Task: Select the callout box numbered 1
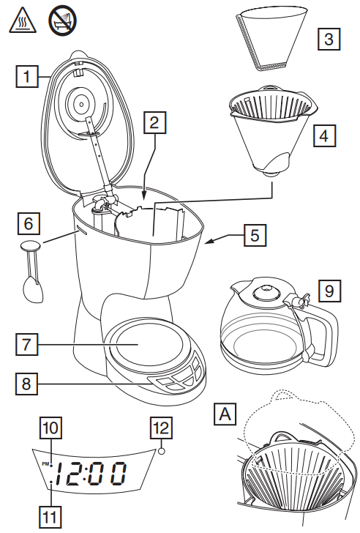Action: (26, 75)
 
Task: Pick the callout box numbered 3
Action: (331, 37)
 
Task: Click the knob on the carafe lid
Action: (260, 291)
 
